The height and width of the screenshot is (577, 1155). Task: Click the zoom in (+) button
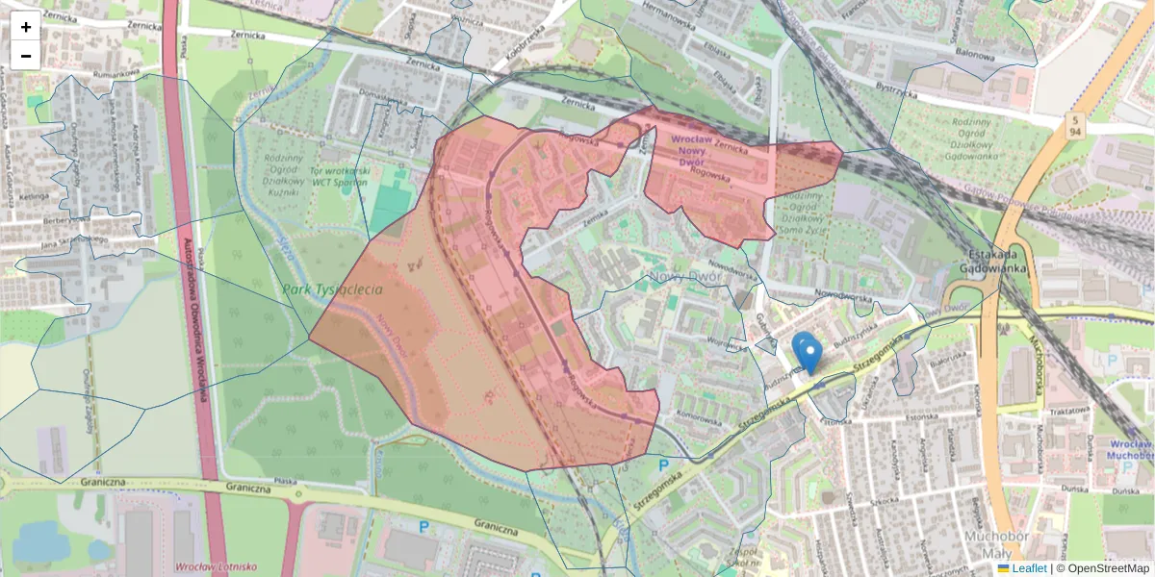26,26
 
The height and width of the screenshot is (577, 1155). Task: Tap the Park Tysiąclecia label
333,289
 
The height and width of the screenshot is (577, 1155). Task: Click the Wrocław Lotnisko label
216,567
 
